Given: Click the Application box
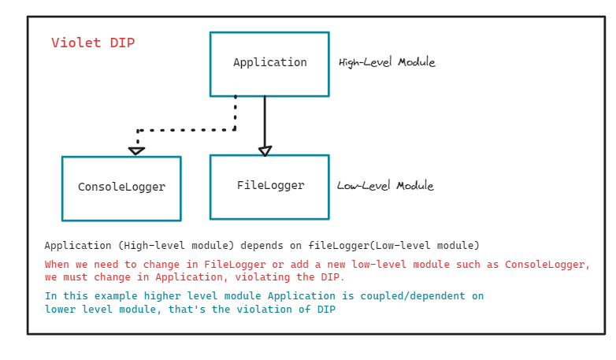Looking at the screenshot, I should pos(269,64).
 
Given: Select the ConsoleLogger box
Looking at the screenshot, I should pos(121,187).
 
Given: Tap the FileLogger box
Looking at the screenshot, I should pos(269,187).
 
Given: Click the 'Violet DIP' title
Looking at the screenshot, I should pos(93,43).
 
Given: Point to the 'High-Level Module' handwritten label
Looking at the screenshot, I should pos(387,62).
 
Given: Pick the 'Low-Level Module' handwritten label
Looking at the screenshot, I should pos(385,186).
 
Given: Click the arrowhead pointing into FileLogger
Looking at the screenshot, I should pos(265,150).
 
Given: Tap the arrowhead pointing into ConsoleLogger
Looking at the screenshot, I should pos(137,150).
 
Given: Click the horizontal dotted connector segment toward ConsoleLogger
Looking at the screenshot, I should pos(187,130).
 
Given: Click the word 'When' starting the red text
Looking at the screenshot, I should pos(58,265).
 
